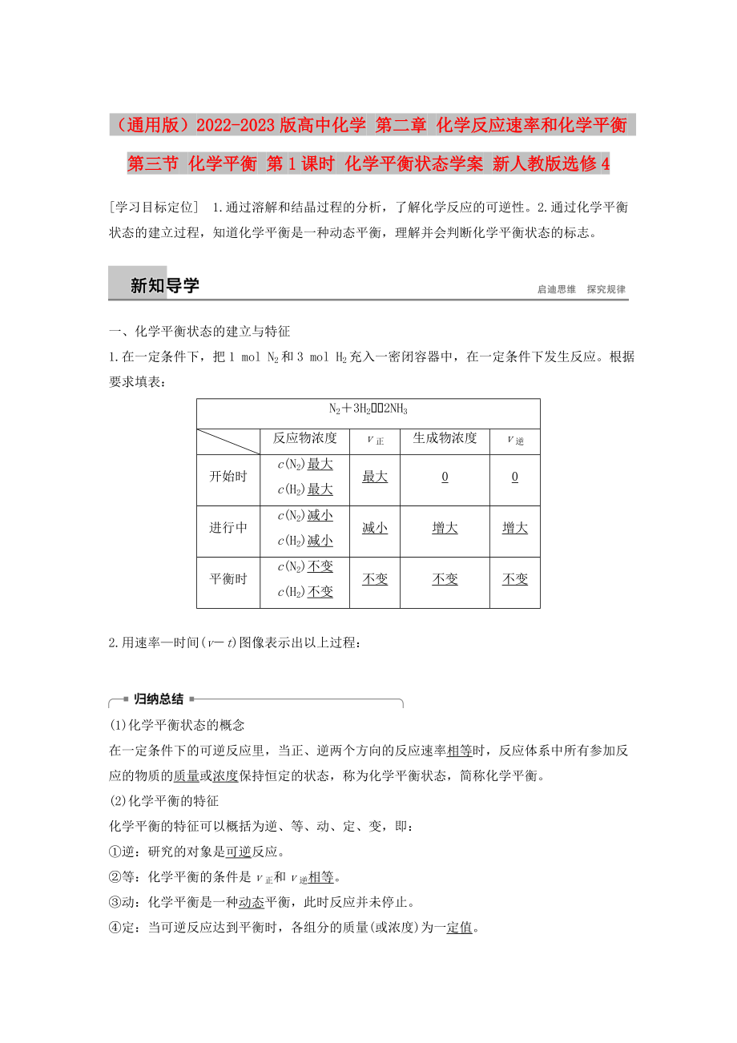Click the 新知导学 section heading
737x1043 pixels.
(x=164, y=286)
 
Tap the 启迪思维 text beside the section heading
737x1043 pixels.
(x=557, y=289)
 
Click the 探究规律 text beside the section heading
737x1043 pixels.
(x=606, y=289)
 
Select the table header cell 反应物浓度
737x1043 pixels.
(x=305, y=438)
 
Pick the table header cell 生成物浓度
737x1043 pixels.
(x=445, y=438)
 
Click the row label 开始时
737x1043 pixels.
(x=228, y=477)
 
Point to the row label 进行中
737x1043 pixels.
(x=228, y=528)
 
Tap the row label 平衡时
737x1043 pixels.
(x=228, y=579)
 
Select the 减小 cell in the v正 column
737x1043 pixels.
(x=375, y=528)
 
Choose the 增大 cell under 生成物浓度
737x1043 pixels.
(x=445, y=528)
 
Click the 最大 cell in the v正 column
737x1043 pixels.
(x=375, y=477)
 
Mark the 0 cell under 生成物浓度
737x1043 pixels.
(x=445, y=477)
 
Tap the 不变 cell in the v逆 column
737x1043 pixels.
(x=515, y=579)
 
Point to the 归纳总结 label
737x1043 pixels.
(x=159, y=699)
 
